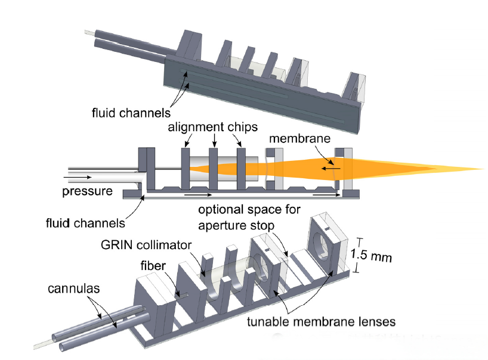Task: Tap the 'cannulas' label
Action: tap(73, 289)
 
